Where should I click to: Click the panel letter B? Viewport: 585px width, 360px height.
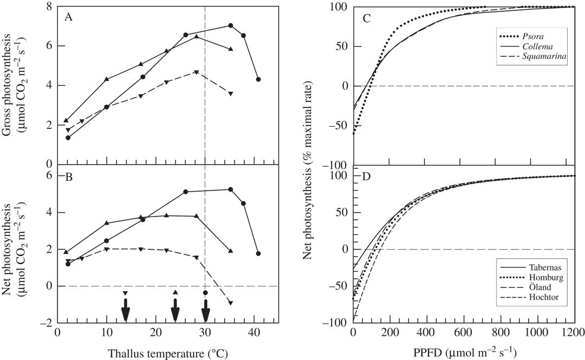pyautogui.click(x=68, y=176)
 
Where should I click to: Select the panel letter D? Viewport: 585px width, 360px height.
pyautogui.click(x=367, y=176)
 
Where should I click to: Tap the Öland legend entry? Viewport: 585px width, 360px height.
pyautogui.click(x=539, y=288)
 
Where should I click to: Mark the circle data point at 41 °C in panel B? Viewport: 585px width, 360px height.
pyautogui.click(x=258, y=253)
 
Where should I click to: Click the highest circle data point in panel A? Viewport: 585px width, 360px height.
pyautogui.click(x=230, y=25)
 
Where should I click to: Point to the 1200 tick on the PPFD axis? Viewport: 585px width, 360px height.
pyautogui.click(x=574, y=332)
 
